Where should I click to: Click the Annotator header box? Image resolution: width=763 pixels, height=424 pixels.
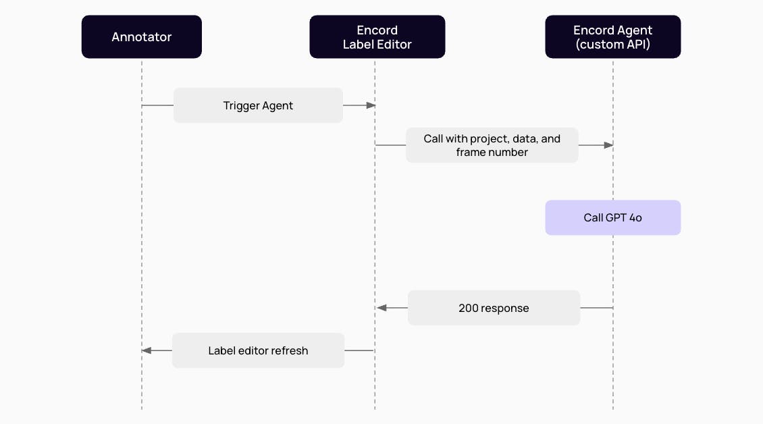(x=142, y=37)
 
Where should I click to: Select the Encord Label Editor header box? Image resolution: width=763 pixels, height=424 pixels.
(x=377, y=37)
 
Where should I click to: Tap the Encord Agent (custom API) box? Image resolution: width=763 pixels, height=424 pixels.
(x=612, y=37)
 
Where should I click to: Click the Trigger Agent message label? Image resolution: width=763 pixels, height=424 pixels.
(x=258, y=105)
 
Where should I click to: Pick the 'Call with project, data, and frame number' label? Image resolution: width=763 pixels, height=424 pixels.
(x=492, y=145)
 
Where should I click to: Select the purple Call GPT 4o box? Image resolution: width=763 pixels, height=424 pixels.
(x=612, y=217)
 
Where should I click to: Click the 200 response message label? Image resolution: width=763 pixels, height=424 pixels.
(x=494, y=308)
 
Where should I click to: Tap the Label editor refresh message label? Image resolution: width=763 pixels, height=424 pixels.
(x=258, y=350)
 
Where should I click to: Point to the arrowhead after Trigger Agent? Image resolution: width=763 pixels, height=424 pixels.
(x=370, y=105)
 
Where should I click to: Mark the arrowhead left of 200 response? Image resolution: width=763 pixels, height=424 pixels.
(x=381, y=308)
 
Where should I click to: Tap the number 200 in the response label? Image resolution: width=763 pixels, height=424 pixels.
(x=469, y=308)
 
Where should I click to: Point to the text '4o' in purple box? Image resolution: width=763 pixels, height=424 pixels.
(x=635, y=217)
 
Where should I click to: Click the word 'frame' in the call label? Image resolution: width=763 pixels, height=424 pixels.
(x=471, y=152)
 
